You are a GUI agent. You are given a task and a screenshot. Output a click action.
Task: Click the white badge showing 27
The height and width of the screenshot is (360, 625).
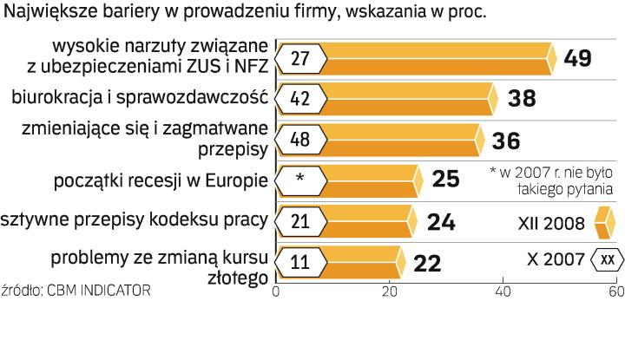pyautogui.click(x=300, y=58)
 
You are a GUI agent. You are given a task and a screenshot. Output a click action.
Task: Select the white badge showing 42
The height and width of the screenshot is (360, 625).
pyautogui.click(x=300, y=99)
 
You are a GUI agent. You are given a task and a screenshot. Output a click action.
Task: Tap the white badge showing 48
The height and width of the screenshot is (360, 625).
pyautogui.click(x=300, y=141)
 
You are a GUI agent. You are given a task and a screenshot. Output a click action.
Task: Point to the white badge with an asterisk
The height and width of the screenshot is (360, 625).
pyautogui.click(x=300, y=180)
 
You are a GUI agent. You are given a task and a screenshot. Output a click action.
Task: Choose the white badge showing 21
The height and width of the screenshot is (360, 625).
pyautogui.click(x=300, y=222)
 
